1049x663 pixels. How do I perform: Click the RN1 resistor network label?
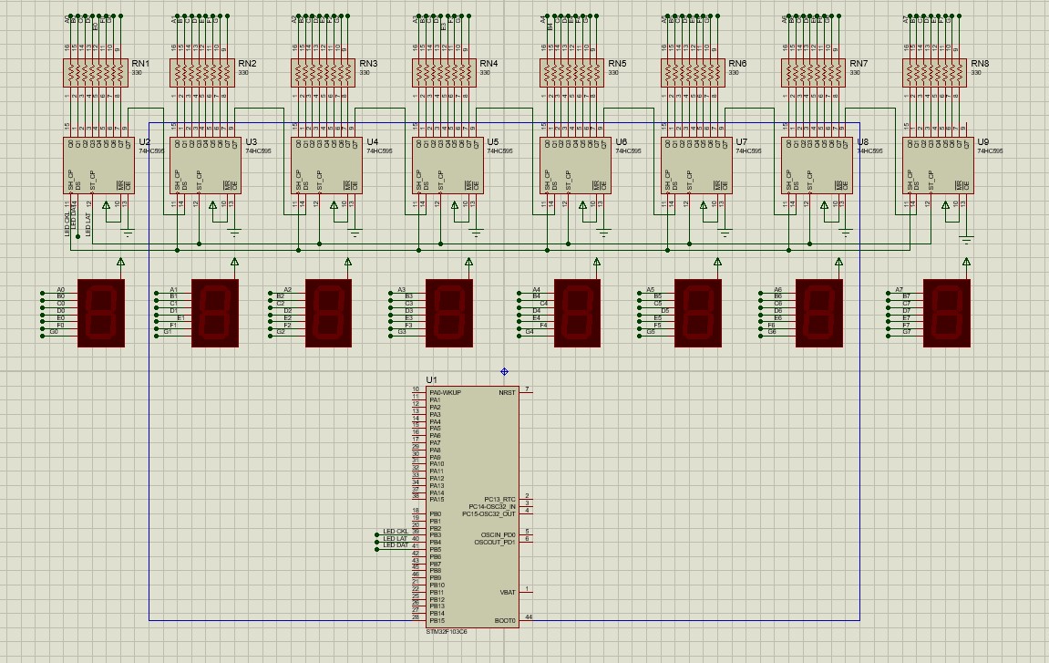pos(140,64)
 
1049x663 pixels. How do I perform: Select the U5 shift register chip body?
pos(447,165)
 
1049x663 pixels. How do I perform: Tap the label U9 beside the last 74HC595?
pos(982,142)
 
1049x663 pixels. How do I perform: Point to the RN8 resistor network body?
pos(934,73)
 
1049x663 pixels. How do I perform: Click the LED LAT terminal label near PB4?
pos(395,539)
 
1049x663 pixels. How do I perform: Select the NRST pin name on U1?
pos(507,393)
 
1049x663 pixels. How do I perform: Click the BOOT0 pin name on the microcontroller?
pos(505,621)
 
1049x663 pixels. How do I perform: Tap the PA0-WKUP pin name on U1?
pos(445,393)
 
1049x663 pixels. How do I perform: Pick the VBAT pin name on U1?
pos(508,593)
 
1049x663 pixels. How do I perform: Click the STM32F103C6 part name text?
pos(447,631)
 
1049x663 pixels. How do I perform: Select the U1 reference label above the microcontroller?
pos(431,379)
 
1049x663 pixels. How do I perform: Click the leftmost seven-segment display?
pos(101,313)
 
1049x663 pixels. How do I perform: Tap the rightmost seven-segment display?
pos(946,313)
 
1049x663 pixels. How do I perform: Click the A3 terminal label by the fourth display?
pos(402,290)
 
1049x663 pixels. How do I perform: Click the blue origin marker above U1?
pos(505,372)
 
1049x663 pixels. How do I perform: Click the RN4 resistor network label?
pos(489,64)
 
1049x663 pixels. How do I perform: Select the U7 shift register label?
pos(741,142)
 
